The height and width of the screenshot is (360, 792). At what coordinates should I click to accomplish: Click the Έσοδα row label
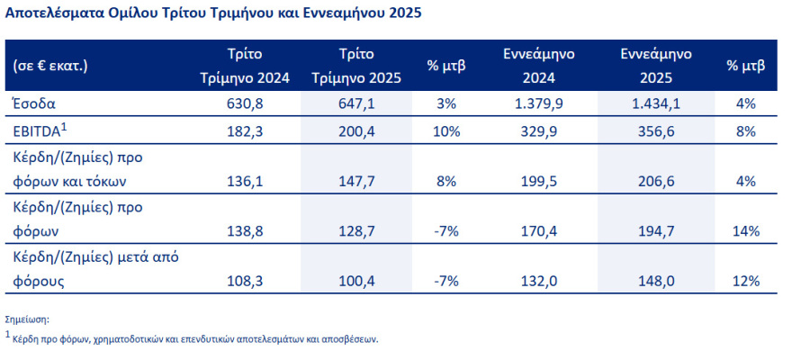(33, 104)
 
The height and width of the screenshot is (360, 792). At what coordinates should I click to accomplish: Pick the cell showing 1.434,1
(654, 104)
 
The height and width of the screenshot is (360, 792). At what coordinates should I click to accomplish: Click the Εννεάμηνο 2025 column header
(654, 66)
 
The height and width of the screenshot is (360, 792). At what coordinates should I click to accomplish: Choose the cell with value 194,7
(654, 231)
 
